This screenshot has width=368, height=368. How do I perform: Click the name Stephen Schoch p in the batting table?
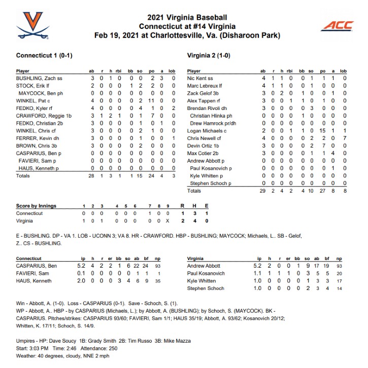(211, 183)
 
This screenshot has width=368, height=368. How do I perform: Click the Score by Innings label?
(37, 206)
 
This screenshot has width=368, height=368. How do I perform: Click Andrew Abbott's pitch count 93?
(339, 266)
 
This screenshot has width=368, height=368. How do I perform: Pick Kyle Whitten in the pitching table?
(202, 280)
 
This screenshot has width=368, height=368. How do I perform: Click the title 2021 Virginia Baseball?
(184, 17)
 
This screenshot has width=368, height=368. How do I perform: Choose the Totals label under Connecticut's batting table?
(23, 176)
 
